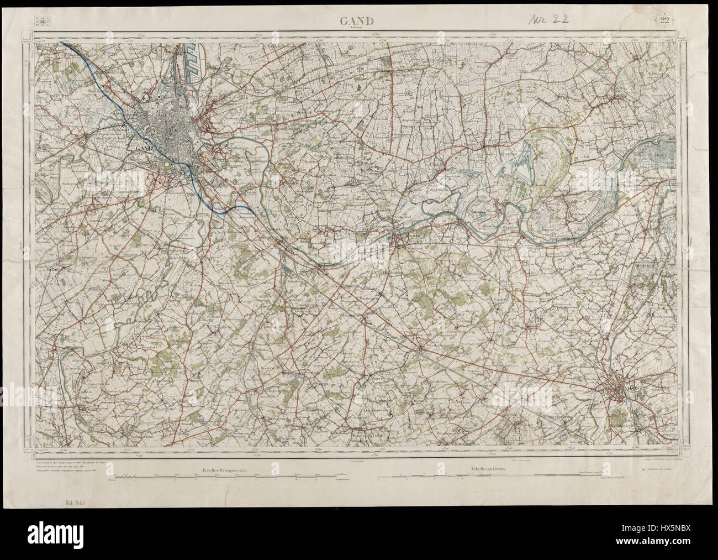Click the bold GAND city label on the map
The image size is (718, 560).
139,148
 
